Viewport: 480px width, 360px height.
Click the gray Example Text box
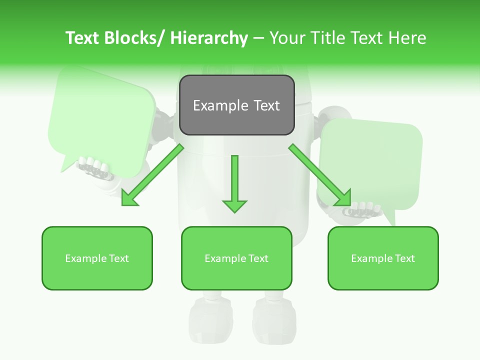tap(236, 105)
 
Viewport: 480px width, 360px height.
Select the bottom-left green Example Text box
tap(97, 258)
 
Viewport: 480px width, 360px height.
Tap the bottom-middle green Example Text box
tap(236, 258)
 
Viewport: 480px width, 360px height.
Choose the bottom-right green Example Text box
tap(383, 258)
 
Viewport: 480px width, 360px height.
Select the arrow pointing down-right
tap(320, 175)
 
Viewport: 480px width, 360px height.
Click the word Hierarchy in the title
tap(209, 38)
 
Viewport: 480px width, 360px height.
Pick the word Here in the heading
tap(406, 38)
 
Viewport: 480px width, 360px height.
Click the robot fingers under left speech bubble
tap(95, 167)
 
